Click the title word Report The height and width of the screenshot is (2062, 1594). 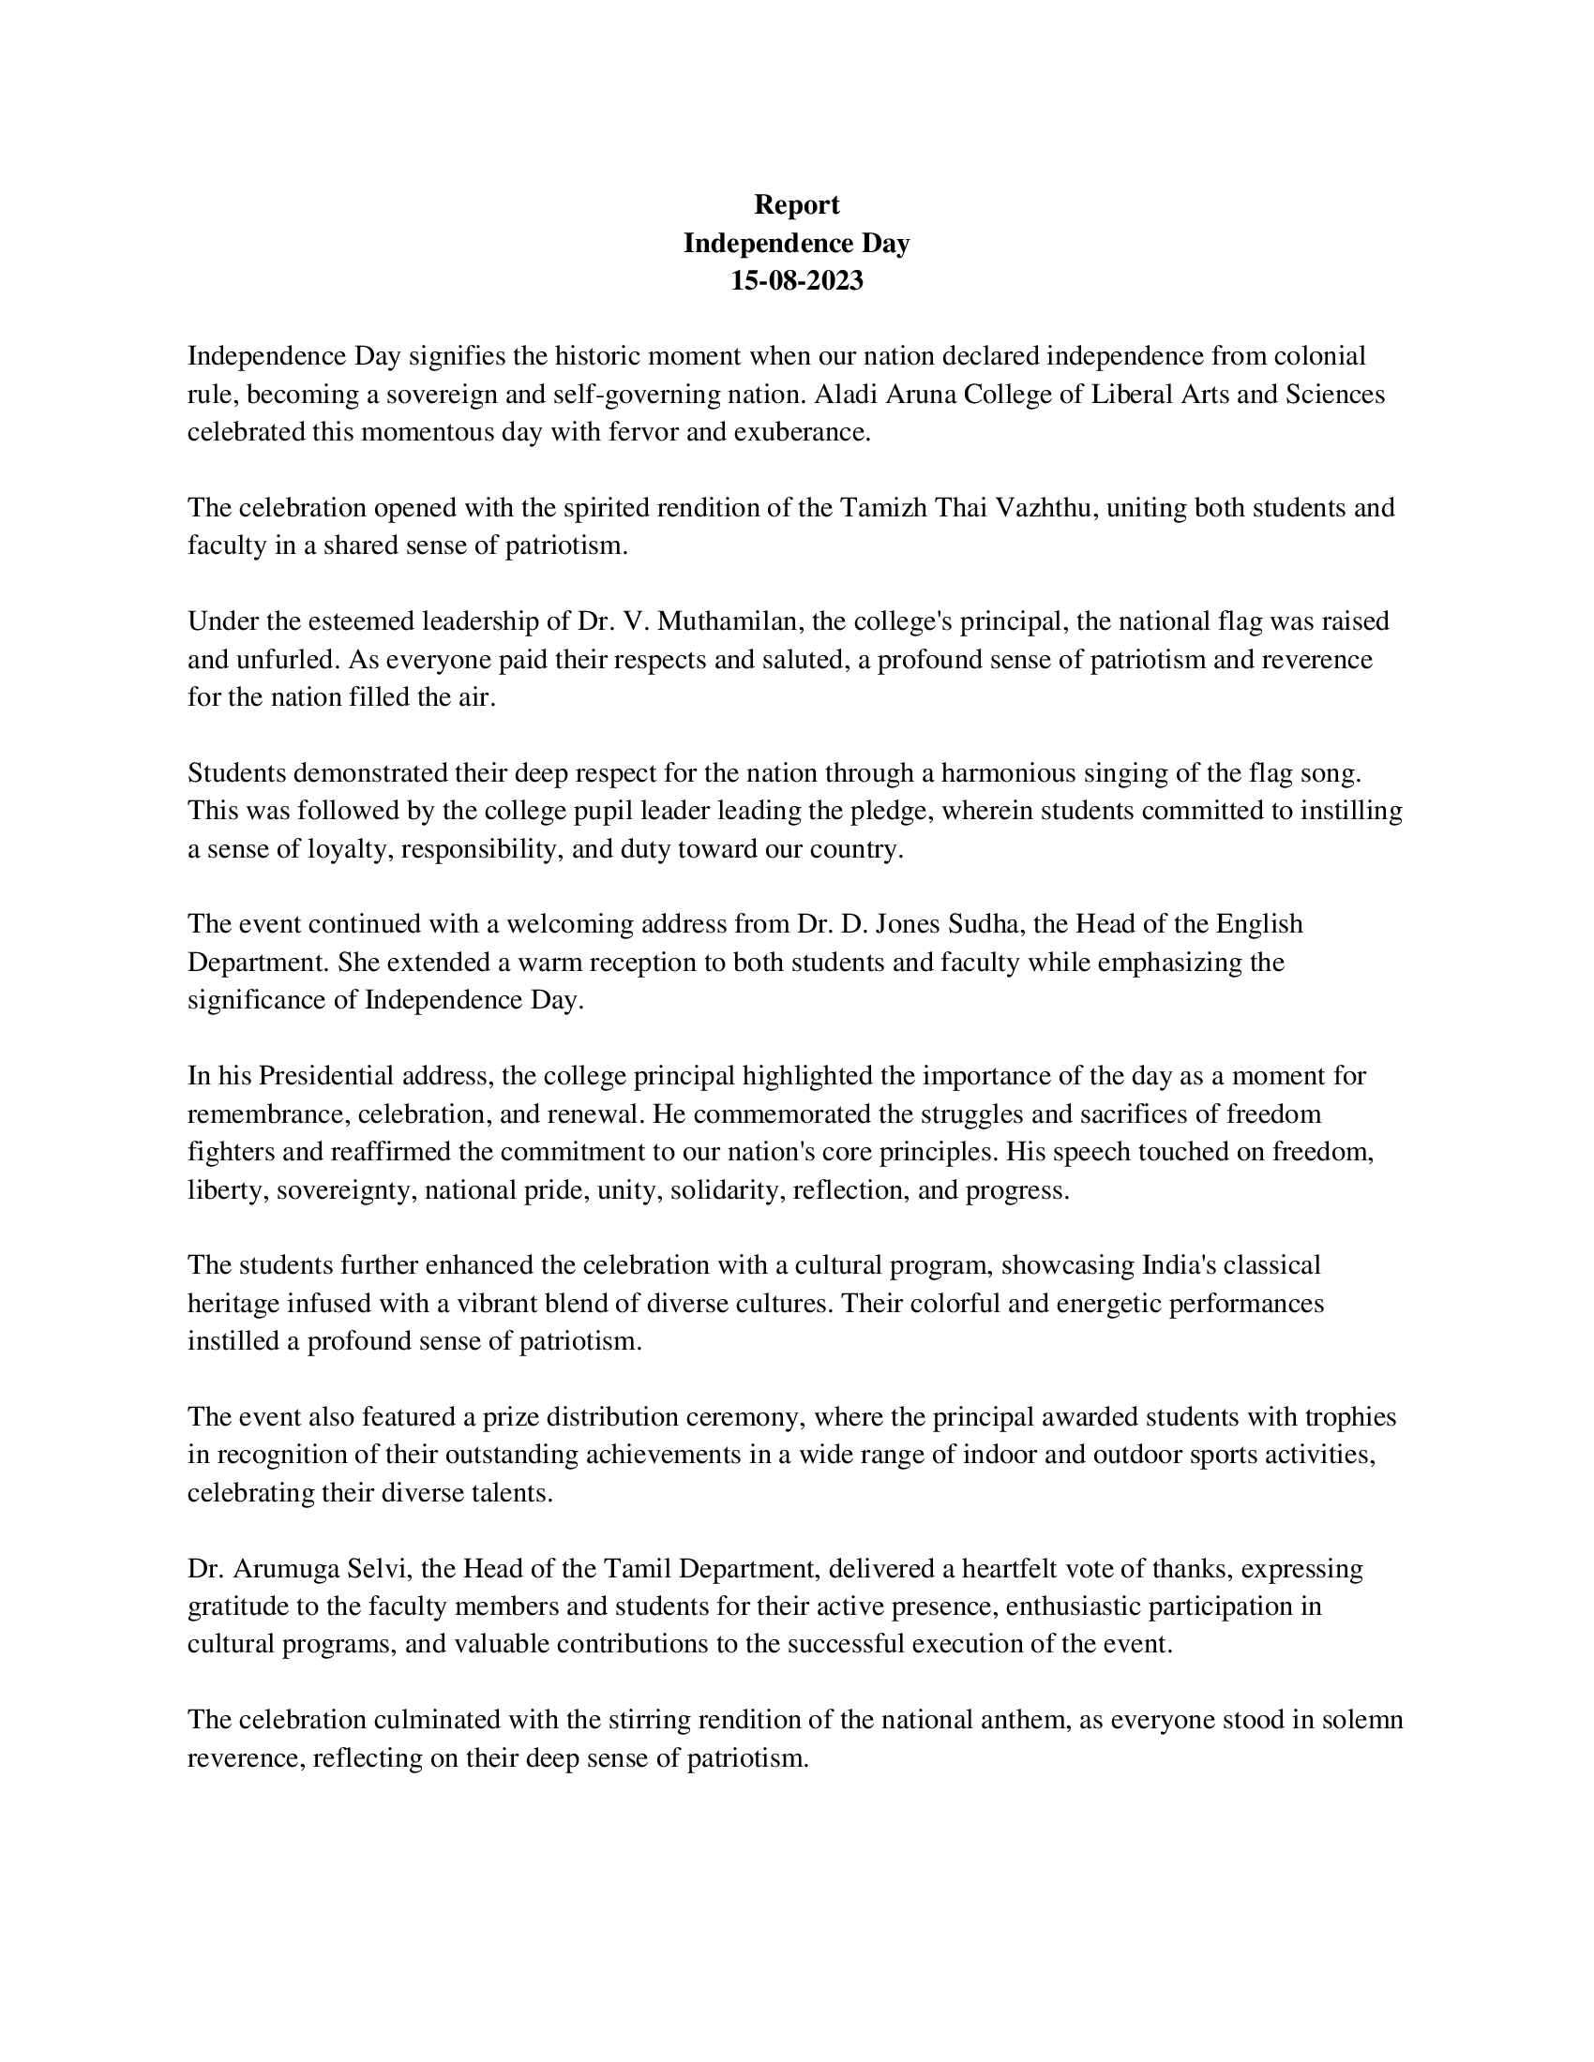(796, 205)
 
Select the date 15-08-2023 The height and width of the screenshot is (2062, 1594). (796, 281)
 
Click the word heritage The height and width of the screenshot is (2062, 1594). (235, 1304)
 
